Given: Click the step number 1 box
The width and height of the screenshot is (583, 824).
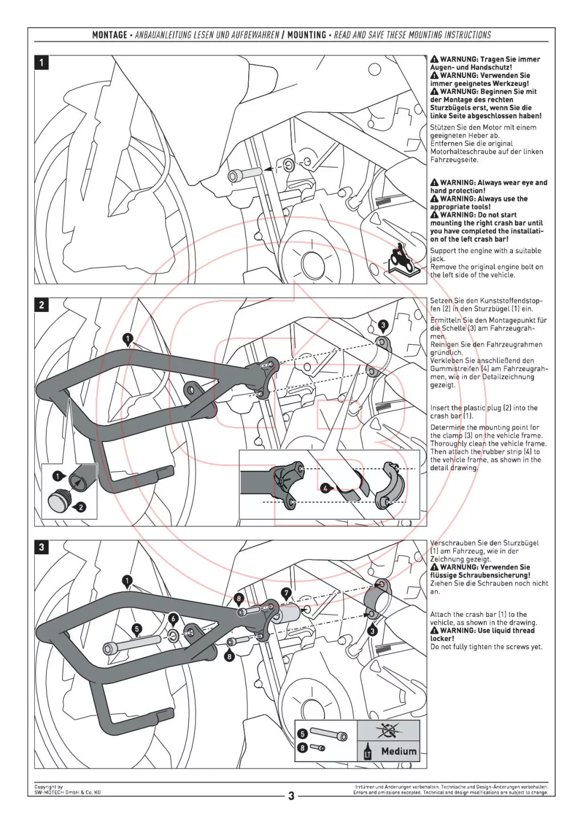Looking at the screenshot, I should point(42,62).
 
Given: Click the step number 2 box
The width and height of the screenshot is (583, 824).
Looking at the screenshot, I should point(42,305).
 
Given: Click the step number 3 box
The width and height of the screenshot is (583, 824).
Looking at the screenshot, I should point(42,547).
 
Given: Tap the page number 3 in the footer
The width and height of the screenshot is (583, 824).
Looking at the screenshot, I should point(291,796).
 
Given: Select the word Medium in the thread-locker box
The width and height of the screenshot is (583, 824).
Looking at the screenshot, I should point(399,751).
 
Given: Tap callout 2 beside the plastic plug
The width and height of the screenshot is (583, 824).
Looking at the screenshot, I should point(81,506).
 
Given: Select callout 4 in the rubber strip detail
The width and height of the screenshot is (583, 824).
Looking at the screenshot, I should point(325,488).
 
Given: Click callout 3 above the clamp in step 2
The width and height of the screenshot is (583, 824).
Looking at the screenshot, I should point(383,325).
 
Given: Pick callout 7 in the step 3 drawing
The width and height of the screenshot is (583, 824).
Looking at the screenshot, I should point(286,594).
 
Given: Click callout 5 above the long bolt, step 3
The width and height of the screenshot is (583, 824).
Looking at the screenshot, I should point(137,629).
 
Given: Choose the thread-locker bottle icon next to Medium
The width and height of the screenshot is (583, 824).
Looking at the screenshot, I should point(367,752).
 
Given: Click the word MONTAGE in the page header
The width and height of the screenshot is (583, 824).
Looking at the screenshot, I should point(110,35).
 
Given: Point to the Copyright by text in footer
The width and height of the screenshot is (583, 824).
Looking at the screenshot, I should point(48,787).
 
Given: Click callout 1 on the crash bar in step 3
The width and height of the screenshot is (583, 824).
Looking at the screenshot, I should point(127,581).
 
